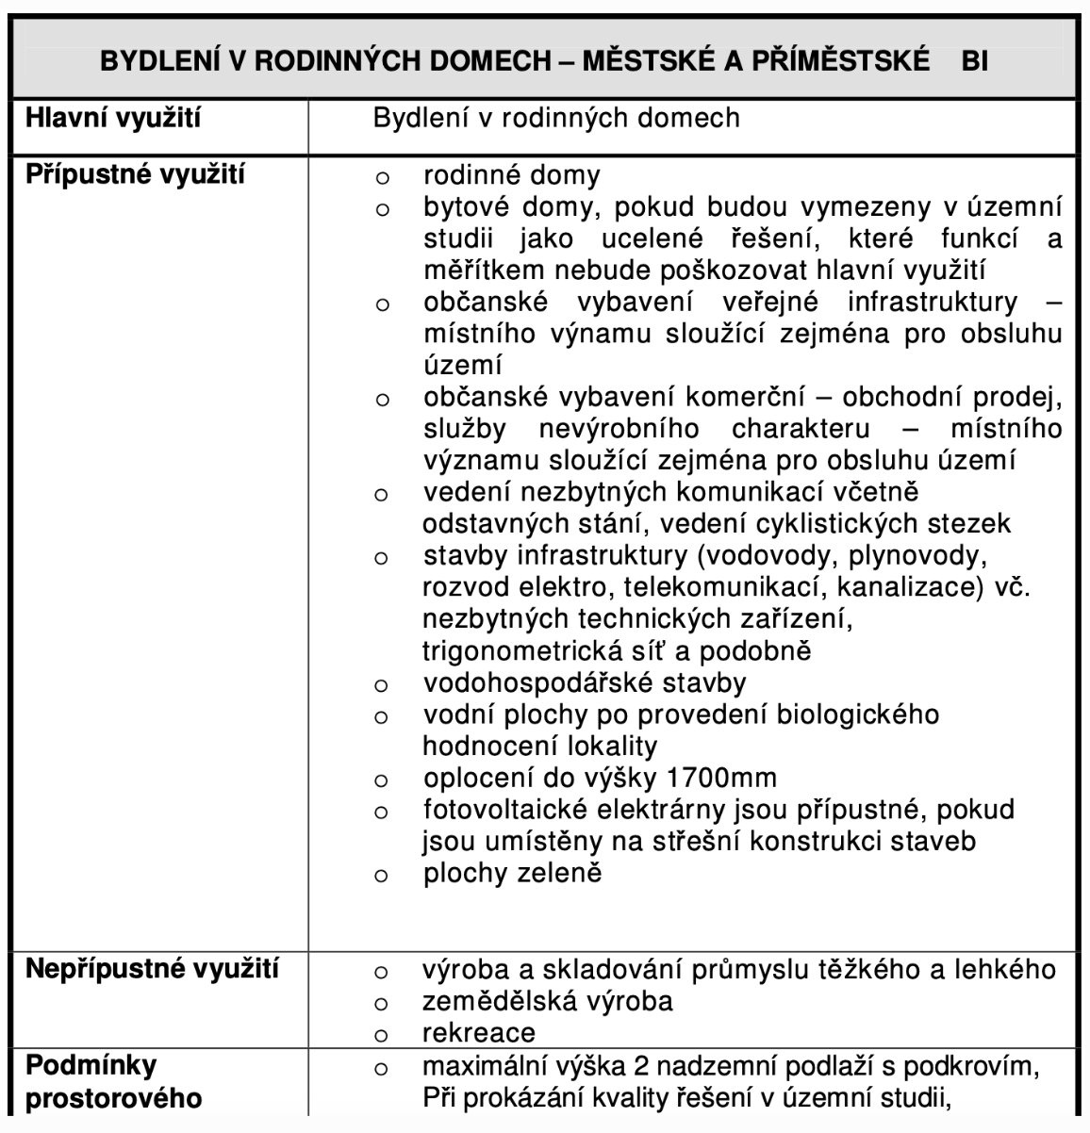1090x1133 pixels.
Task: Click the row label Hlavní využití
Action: [x=112, y=119]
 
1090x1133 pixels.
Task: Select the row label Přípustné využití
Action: [x=135, y=175]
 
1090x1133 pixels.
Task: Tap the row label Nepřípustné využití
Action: [x=152, y=970]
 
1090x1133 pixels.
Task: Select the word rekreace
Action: [x=479, y=1032]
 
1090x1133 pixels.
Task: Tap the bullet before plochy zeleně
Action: [x=381, y=875]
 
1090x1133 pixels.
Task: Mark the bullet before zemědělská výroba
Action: [x=381, y=1002]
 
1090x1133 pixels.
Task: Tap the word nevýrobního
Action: [x=619, y=429]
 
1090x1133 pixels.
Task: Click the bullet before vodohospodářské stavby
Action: [x=381, y=684]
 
